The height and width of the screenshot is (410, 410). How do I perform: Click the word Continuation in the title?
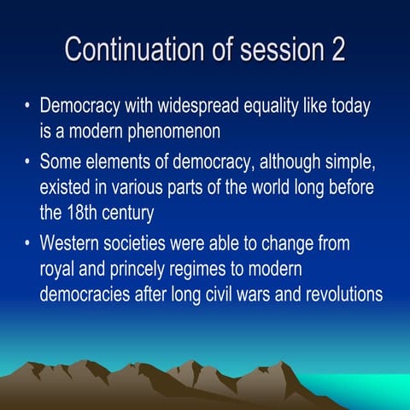(126, 49)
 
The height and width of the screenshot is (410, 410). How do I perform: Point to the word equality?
(290, 110)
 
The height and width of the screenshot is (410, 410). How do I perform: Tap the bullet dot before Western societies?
(27, 244)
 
